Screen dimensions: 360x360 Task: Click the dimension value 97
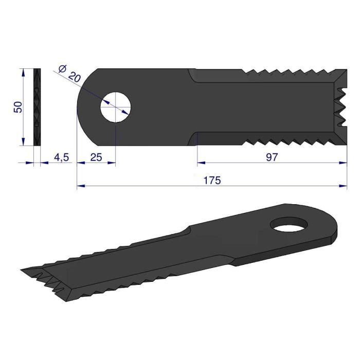(272, 157)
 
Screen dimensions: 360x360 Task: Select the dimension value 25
(96, 157)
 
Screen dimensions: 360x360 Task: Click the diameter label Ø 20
(69, 74)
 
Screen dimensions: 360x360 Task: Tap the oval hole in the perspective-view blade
(291, 224)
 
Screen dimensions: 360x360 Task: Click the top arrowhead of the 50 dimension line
(23, 71)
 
